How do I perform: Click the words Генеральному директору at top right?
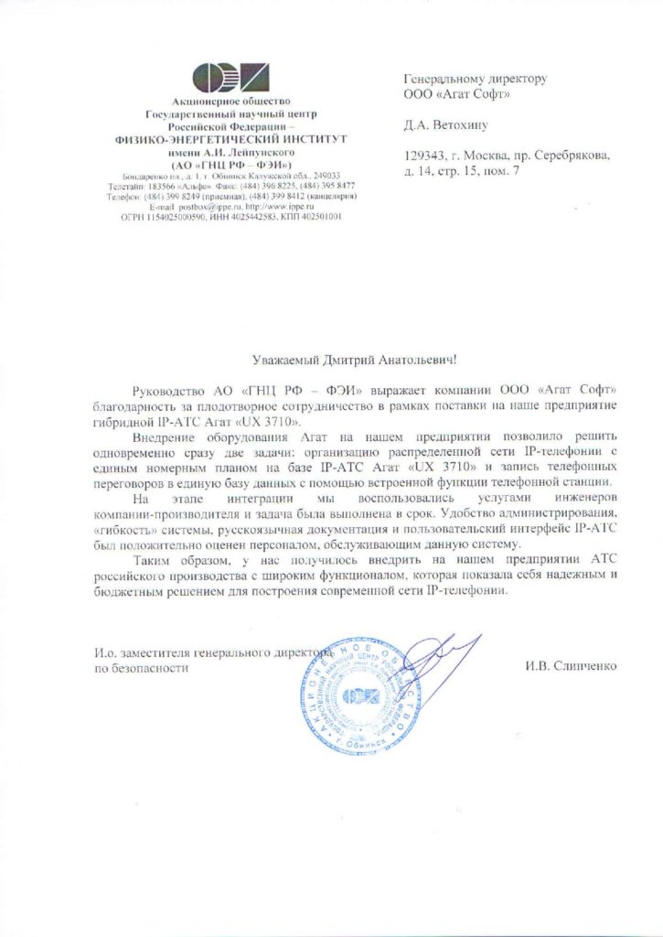point(476,79)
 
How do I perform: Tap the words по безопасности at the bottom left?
point(142,669)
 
